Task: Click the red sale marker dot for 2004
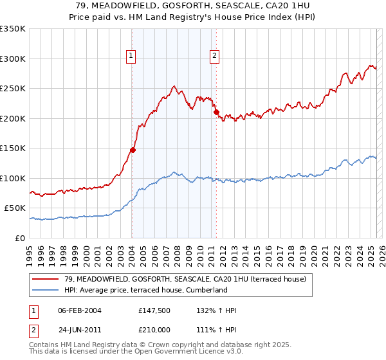(133, 150)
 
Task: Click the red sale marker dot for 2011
(216, 113)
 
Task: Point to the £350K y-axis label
(13, 29)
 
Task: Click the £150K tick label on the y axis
(13, 148)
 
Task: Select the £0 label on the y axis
(20, 238)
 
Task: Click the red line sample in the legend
(46, 279)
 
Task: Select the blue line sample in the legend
(46, 290)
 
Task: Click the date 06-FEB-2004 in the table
(80, 310)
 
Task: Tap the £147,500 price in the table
(155, 310)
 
